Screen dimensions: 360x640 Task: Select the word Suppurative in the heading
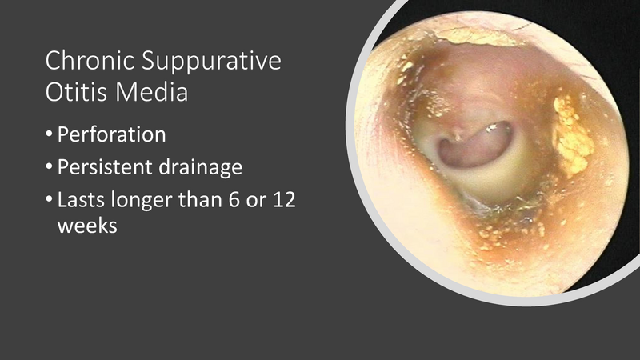(212, 61)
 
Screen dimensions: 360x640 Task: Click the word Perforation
(111, 134)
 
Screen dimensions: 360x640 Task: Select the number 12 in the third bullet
(284, 199)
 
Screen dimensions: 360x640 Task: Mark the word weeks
(87, 226)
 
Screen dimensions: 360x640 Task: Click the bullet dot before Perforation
(50, 134)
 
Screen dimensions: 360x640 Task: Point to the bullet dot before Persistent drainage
(50, 167)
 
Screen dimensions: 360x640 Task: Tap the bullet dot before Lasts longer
(50, 200)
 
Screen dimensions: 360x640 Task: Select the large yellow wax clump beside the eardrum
(571, 136)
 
